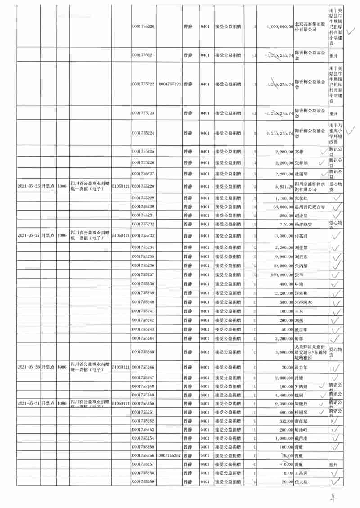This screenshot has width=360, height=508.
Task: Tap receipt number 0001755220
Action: pos(144,27)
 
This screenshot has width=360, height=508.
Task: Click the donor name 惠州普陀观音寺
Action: pos(309,207)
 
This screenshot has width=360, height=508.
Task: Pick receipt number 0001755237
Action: pos(144,274)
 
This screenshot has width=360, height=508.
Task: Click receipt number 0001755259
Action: pos(144,482)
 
